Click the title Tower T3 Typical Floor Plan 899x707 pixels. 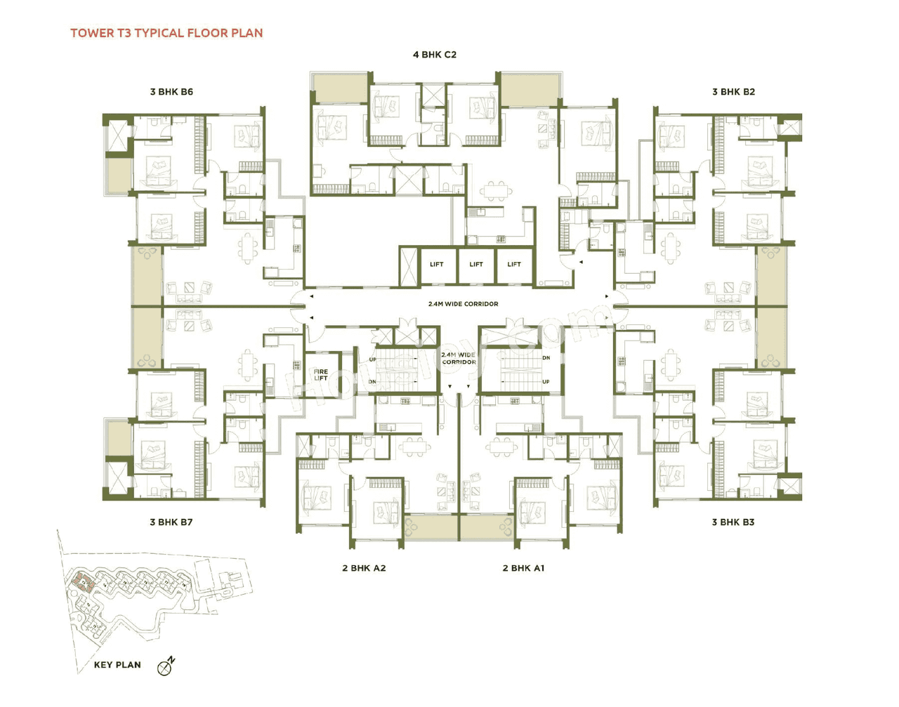pyautogui.click(x=166, y=33)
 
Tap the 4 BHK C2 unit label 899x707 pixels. pyautogui.click(x=434, y=55)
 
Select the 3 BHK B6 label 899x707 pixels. pyautogui.click(x=171, y=92)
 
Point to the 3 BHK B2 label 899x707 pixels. pyautogui.click(x=733, y=92)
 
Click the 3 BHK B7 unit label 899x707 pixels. pyautogui.click(x=171, y=522)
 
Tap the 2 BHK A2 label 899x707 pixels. pyautogui.click(x=364, y=568)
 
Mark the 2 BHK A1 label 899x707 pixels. pyautogui.click(x=523, y=568)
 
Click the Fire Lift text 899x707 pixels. pyautogui.click(x=321, y=375)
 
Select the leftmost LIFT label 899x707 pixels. pyautogui.click(x=437, y=265)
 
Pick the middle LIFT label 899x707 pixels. pyautogui.click(x=476, y=265)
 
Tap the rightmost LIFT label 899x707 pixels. pyautogui.click(x=514, y=265)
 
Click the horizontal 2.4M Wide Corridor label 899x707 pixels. pyautogui.click(x=463, y=304)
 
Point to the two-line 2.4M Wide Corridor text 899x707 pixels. pyautogui.click(x=459, y=359)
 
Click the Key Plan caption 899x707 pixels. pyautogui.click(x=117, y=665)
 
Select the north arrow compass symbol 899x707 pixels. pyautogui.click(x=166, y=666)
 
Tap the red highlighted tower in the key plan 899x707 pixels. pyautogui.click(x=82, y=581)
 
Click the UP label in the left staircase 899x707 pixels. pyautogui.click(x=373, y=359)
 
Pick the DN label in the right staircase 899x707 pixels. pyautogui.click(x=546, y=358)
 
